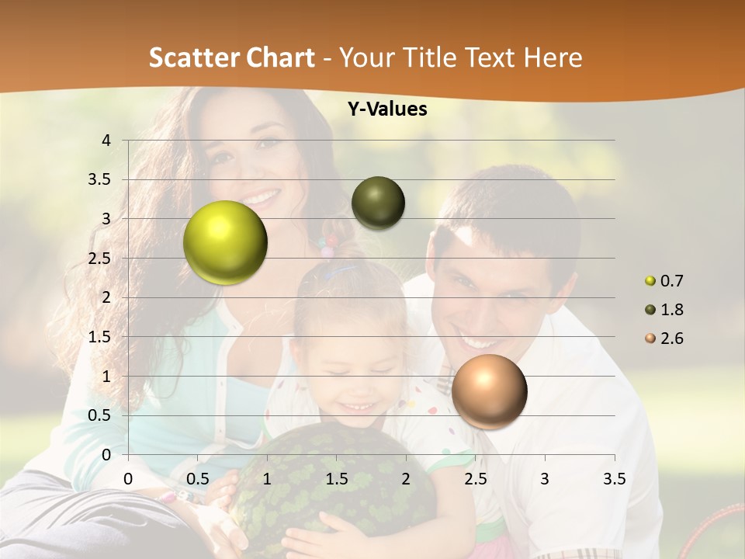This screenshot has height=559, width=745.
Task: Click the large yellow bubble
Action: tap(225, 242)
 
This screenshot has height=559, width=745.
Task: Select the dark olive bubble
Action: tap(378, 203)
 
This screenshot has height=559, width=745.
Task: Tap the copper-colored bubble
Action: tap(489, 391)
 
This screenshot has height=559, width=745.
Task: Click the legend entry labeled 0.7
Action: tap(664, 281)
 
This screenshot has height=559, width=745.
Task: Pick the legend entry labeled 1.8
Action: tap(664, 310)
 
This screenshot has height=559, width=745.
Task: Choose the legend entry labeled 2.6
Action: tap(664, 339)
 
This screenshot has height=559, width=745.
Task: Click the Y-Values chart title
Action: tap(386, 109)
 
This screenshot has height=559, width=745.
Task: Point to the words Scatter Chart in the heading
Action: tap(232, 57)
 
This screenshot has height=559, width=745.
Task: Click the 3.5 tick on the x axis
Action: tap(614, 479)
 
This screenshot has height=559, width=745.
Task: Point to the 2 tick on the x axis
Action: tap(406, 479)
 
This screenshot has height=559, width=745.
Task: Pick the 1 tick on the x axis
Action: tap(267, 479)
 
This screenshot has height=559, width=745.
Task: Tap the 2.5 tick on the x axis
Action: tap(475, 479)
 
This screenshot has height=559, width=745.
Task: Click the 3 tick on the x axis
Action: tap(545, 479)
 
